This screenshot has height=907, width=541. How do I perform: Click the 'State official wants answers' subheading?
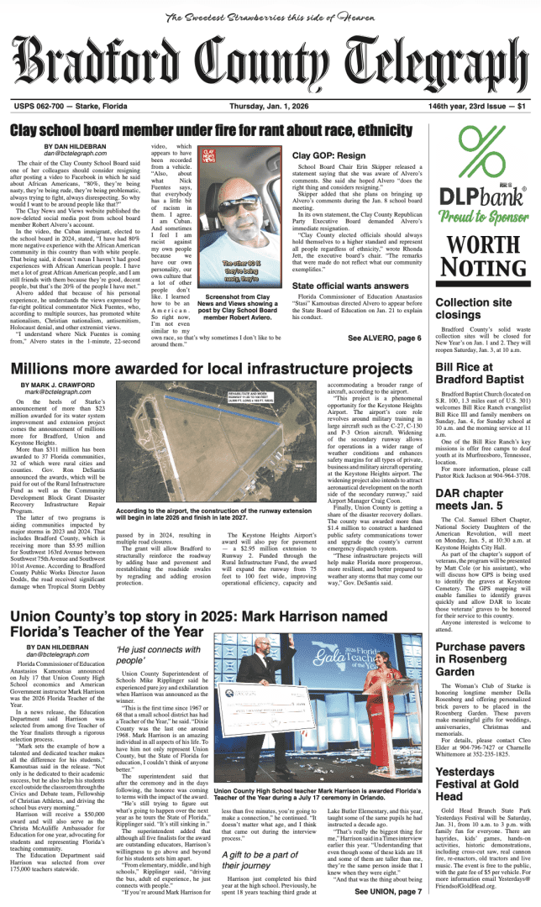(x=349, y=286)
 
